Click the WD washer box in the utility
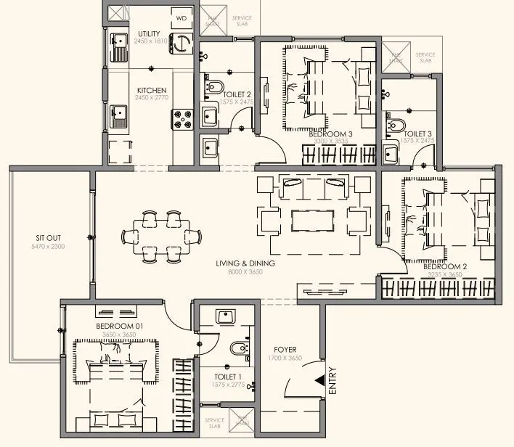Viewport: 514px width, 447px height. click(181, 17)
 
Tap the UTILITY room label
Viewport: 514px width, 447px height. click(149, 34)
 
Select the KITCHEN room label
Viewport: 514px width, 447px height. click(152, 91)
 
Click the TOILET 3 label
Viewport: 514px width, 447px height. click(418, 134)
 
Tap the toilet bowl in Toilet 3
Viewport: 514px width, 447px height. click(396, 125)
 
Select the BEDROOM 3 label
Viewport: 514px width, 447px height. click(330, 134)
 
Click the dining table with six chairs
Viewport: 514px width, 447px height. click(161, 236)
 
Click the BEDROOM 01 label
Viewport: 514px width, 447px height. click(119, 327)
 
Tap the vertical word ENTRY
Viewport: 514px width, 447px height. click(333, 382)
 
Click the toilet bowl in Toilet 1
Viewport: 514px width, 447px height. click(237, 350)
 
